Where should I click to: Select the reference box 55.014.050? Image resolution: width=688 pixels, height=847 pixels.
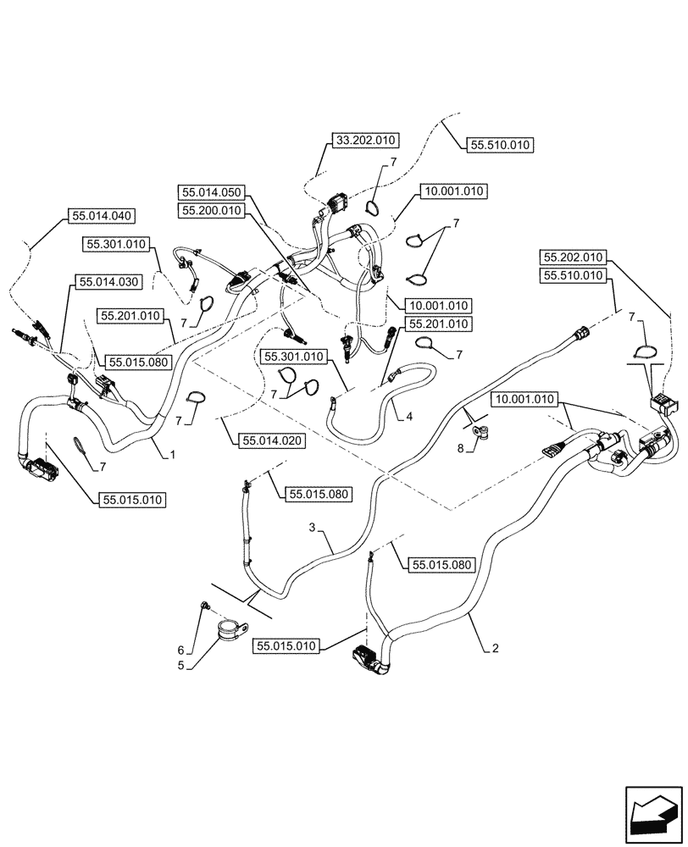click(x=210, y=192)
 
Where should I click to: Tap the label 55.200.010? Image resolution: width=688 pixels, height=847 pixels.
click(x=210, y=209)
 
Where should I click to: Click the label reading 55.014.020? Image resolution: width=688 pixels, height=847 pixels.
click(x=272, y=440)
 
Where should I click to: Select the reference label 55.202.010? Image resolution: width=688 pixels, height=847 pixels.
click(x=573, y=257)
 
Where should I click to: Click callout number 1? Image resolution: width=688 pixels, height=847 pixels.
click(x=172, y=455)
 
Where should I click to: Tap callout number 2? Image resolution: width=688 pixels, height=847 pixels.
click(x=494, y=650)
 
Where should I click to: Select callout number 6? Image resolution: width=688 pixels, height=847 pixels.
click(x=180, y=650)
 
